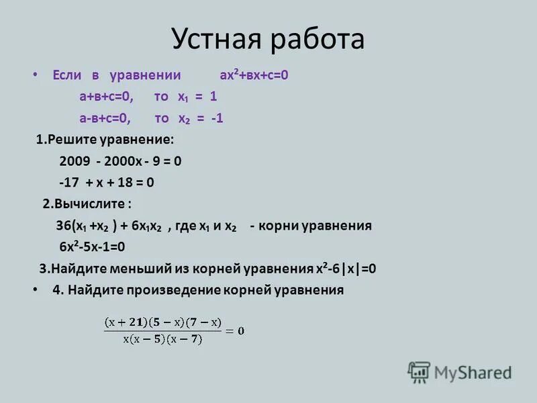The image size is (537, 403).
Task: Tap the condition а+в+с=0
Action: coord(107,97)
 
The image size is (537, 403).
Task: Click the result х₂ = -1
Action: coord(200,118)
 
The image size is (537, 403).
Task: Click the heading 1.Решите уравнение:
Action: coord(105,140)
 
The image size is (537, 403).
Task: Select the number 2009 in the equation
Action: coord(73,161)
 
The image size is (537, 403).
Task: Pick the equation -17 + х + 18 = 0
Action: coord(107,183)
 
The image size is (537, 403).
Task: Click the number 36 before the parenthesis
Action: coord(63,226)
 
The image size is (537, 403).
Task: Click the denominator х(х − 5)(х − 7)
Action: coord(163,339)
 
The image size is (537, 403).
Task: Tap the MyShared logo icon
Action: coord(419,371)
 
